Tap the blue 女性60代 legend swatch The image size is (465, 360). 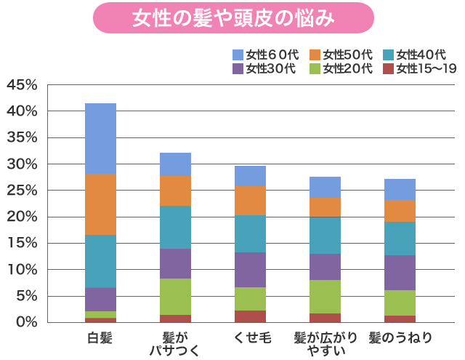[x=238, y=55]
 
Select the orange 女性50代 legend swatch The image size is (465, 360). [x=315, y=55]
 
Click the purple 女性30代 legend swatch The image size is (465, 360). [x=238, y=69]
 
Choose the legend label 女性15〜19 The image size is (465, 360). [x=426, y=69]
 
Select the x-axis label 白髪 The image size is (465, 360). [x=100, y=337]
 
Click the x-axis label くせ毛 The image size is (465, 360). [x=250, y=337]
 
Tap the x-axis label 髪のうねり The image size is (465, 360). [x=400, y=337]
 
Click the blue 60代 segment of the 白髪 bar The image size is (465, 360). [x=100, y=138]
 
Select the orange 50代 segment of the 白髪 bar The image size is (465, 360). [x=100, y=204]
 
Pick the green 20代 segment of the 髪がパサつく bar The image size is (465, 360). [x=175, y=297]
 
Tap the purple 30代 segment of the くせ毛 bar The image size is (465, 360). [x=250, y=270]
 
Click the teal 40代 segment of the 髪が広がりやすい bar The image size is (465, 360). [x=325, y=235]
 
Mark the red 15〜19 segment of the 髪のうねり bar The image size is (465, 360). [x=400, y=319]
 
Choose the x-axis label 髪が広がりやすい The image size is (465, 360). [x=325, y=344]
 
